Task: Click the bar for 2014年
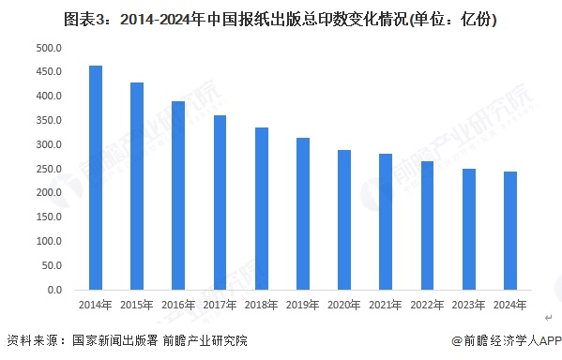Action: click(x=95, y=178)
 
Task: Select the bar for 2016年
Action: click(x=178, y=196)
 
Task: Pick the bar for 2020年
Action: click(x=344, y=220)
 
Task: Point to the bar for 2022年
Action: click(x=427, y=226)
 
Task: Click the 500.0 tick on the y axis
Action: click(x=50, y=47)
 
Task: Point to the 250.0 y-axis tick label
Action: click(x=50, y=169)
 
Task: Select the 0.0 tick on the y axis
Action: click(x=54, y=291)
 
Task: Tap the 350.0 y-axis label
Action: click(x=50, y=120)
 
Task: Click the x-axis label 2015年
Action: click(x=137, y=307)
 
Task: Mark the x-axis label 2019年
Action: click(x=303, y=307)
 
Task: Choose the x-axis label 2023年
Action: click(x=468, y=307)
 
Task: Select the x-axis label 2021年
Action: click(x=386, y=307)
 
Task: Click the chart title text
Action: click(x=281, y=18)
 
